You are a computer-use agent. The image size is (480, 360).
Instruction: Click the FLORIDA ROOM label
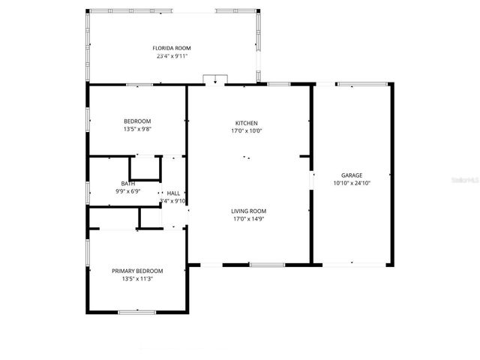pos(172,48)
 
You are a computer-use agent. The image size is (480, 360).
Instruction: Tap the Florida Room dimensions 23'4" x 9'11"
pos(172,55)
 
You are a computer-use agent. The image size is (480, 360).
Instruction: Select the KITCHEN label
pos(247,123)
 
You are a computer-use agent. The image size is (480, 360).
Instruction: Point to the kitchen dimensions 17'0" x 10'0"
pos(247,130)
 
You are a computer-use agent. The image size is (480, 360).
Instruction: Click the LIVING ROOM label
pos(249,211)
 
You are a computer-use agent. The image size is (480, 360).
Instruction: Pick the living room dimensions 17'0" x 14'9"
pos(249,219)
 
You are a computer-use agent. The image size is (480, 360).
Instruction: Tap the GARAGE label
pos(352,175)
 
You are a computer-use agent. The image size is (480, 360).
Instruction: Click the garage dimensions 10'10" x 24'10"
pos(352,182)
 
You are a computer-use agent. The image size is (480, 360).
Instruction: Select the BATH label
pos(128,184)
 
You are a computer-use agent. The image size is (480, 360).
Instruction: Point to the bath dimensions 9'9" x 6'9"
pos(128,191)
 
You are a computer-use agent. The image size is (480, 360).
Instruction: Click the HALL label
pos(173,193)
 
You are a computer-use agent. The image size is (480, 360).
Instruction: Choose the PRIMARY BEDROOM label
pos(137,271)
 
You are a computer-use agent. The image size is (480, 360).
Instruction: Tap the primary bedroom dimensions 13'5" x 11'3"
pos(137,279)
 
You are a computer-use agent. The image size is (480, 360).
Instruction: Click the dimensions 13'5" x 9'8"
pos(137,129)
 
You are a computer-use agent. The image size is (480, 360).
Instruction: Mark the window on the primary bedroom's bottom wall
pos(136,311)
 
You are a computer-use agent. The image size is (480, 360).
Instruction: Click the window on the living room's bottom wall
pos(267,265)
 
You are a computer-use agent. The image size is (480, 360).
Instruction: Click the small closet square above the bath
pos(145,168)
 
